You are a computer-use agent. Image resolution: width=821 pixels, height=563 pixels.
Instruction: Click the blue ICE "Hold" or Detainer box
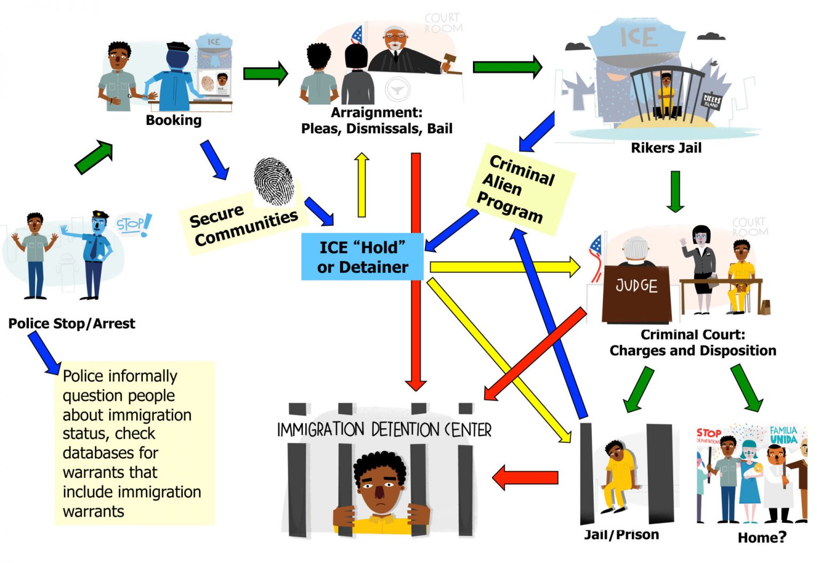[362, 257]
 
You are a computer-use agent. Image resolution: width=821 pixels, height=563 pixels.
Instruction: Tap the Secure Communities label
[243, 225]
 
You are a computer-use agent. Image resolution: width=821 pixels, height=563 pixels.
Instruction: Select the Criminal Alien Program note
[516, 189]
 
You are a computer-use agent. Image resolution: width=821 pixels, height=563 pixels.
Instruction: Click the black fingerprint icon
[274, 181]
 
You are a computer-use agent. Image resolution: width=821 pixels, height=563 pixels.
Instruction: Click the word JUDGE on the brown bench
[636, 286]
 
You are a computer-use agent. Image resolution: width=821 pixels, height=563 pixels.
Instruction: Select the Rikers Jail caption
[666, 148]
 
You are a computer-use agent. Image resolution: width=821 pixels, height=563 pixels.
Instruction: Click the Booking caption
[174, 120]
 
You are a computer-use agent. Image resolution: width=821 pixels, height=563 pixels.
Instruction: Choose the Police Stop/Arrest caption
[72, 323]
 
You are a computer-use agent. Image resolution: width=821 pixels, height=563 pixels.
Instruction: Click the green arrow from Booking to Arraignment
[266, 73]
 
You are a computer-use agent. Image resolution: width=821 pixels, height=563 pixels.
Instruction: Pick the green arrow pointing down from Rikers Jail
[676, 191]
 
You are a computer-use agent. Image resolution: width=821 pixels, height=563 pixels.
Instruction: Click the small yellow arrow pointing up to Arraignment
[362, 184]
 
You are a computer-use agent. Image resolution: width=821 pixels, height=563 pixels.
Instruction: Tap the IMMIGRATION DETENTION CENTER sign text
[384, 429]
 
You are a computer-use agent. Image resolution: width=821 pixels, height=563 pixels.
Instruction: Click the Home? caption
[762, 537]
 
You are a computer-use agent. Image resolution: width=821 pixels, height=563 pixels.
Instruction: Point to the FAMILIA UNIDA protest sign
[783, 435]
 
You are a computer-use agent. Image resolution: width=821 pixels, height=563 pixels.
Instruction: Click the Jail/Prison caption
[621, 535]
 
